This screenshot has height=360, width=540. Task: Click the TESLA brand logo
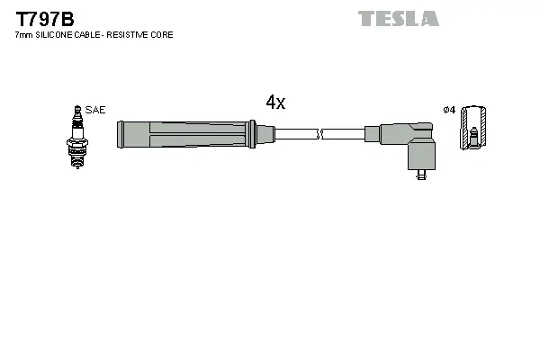pyautogui.click(x=398, y=18)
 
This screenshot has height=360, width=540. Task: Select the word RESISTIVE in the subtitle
pyautogui.click(x=127, y=35)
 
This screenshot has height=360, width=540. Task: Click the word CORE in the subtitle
pyautogui.click(x=162, y=35)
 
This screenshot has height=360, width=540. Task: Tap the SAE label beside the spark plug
pyautogui.click(x=96, y=110)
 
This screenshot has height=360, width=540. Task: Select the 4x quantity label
pyautogui.click(x=275, y=103)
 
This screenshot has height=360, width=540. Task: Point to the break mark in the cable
pyautogui.click(x=319, y=135)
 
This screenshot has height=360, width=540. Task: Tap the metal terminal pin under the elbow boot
pyautogui.click(x=420, y=175)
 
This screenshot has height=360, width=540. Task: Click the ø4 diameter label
pyautogui.click(x=449, y=110)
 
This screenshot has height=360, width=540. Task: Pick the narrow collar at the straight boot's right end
pyautogui.click(x=265, y=135)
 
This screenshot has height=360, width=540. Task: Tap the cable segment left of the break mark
pyautogui.click(x=295, y=135)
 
